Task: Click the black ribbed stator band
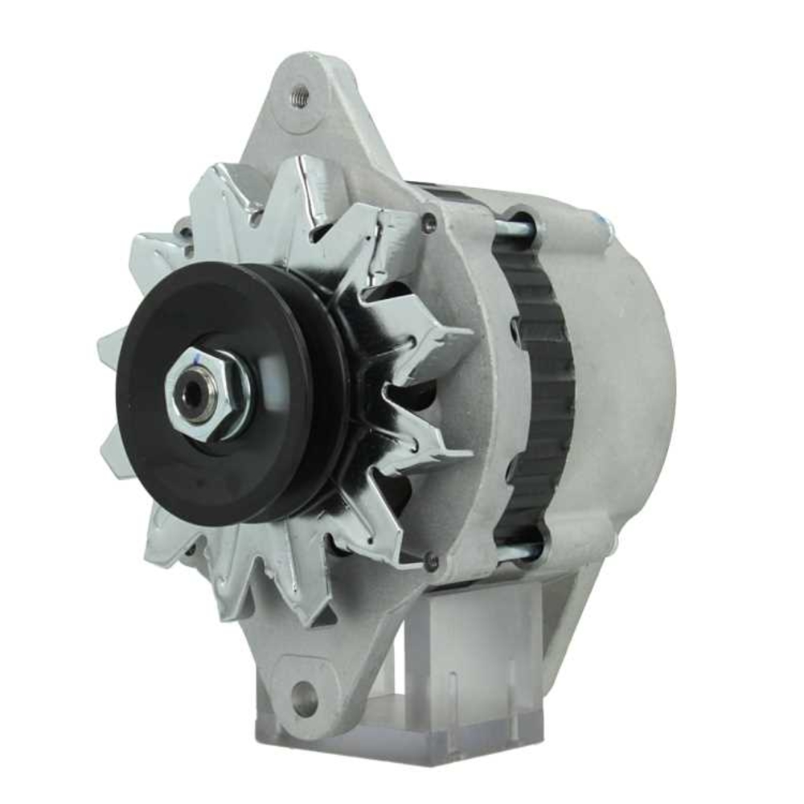coord(535,386)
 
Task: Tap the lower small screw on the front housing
coord(432,560)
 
